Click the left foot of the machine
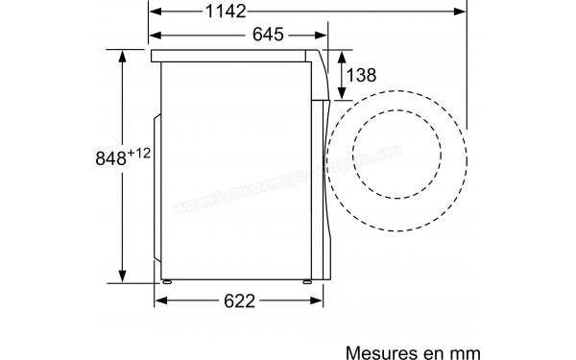pos(169,282)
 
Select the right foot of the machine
pos(307,282)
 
